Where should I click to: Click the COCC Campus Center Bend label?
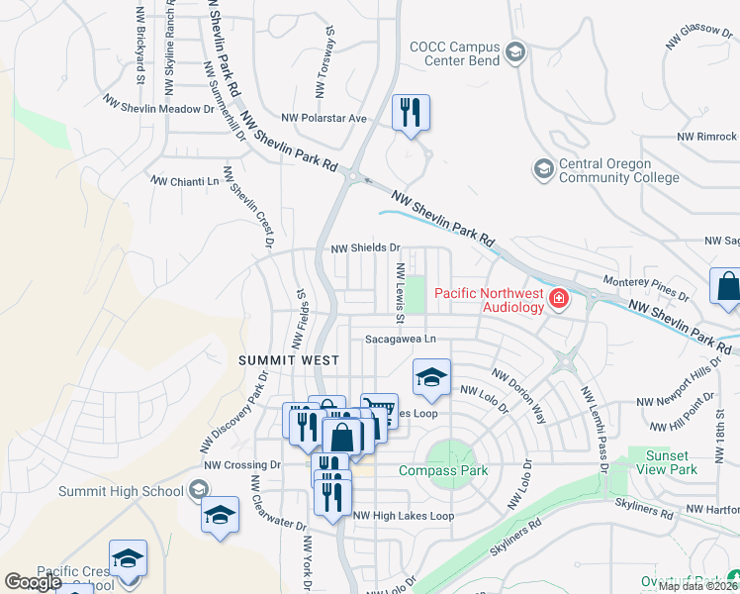(454, 53)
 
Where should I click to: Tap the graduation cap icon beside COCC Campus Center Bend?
(514, 51)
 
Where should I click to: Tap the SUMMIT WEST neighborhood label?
(289, 361)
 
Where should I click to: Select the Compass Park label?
(443, 470)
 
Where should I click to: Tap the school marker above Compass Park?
(431, 377)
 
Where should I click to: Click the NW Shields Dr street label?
(365, 248)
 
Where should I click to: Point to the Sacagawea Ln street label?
(400, 339)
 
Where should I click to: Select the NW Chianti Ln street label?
(184, 181)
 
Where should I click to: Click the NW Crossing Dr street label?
(242, 464)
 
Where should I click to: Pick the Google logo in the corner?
(33, 582)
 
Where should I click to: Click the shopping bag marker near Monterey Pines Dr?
(726, 286)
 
